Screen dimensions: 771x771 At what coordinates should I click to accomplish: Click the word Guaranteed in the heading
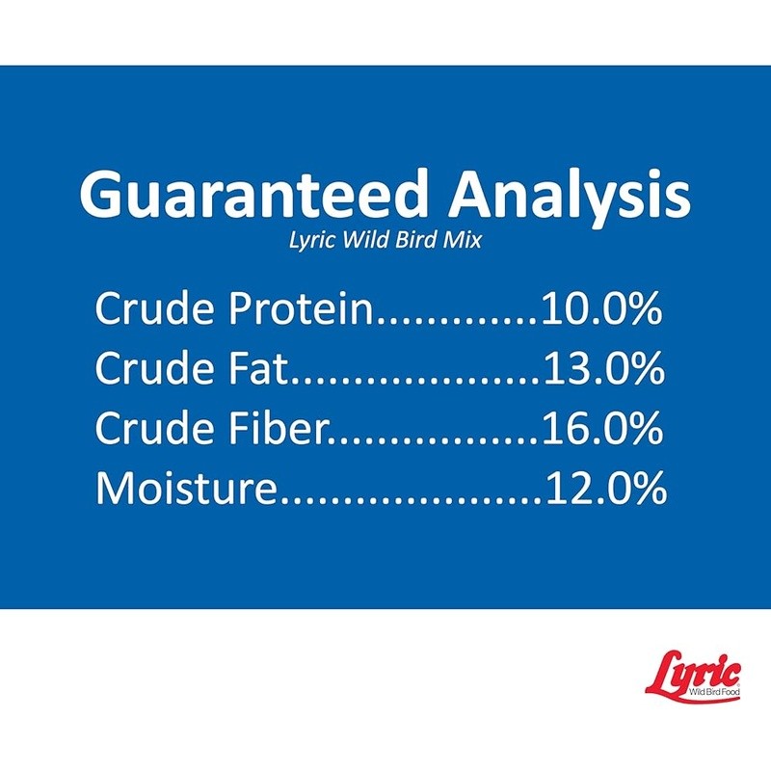click(x=253, y=194)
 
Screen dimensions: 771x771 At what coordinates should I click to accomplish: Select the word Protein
click(x=302, y=308)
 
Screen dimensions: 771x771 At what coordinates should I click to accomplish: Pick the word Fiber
click(x=278, y=427)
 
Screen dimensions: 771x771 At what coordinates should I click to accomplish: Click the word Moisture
click(x=185, y=488)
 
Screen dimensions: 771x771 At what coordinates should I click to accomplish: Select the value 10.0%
click(x=601, y=308)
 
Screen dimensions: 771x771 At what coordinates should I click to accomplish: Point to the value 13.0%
click(x=604, y=368)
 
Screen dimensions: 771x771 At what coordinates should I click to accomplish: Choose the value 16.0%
click(x=602, y=428)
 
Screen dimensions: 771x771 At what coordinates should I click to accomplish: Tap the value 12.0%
click(x=606, y=488)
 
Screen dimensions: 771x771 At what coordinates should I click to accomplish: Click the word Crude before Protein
click(x=157, y=307)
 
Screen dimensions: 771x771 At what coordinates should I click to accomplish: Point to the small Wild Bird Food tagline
click(x=714, y=692)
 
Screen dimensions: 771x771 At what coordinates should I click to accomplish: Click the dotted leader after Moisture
click(x=411, y=499)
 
